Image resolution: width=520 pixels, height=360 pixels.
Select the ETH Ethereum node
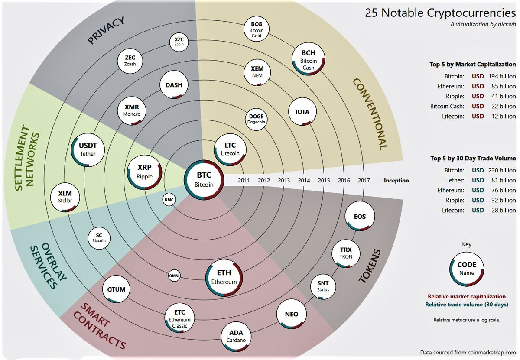[224, 277]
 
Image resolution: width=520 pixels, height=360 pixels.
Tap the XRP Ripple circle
[145, 172]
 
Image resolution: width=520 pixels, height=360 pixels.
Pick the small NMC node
[169, 200]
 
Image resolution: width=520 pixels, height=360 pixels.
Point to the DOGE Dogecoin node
[256, 119]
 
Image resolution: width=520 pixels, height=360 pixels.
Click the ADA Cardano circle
[236, 336]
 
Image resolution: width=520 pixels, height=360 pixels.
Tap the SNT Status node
[323, 286]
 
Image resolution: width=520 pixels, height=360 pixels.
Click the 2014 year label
[304, 181]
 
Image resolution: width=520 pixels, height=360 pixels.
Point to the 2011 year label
[244, 181]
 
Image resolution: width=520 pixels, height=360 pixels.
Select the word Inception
[396, 181]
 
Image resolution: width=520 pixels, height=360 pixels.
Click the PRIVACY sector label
[106, 30]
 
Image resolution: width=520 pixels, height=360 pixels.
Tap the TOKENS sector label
[369, 266]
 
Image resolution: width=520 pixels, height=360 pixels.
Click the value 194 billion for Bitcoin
[502, 76]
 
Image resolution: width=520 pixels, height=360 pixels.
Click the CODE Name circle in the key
[467, 269]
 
